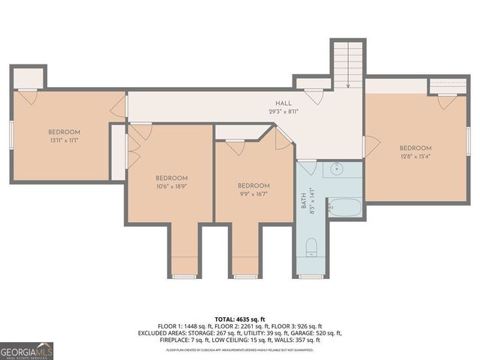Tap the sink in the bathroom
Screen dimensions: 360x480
[337, 169]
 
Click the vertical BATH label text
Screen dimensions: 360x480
[304, 202]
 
